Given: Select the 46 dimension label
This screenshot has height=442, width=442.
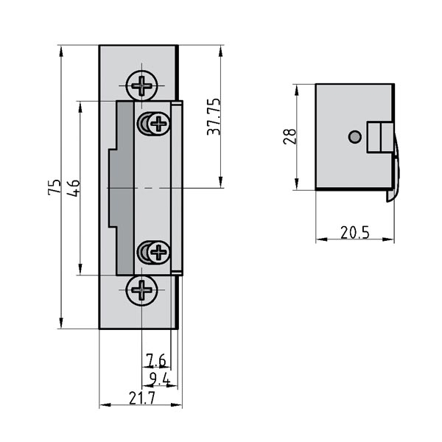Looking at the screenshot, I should pyautogui.click(x=73, y=187).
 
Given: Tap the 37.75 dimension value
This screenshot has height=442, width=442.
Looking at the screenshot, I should pyautogui.click(x=214, y=116).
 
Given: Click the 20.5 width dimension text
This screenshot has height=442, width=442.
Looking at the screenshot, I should pyautogui.click(x=354, y=233).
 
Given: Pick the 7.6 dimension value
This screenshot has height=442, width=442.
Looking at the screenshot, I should pyautogui.click(x=155, y=360).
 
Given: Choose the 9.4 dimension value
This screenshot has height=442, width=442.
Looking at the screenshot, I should pyautogui.click(x=159, y=379).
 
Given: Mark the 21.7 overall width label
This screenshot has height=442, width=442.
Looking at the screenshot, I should pyautogui.click(x=141, y=398).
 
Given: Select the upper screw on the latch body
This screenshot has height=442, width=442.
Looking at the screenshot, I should pyautogui.click(x=157, y=123).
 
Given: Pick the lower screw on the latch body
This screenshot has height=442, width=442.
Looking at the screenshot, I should pyautogui.click(x=157, y=253).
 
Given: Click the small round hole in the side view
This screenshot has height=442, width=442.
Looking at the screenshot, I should pyautogui.click(x=354, y=136).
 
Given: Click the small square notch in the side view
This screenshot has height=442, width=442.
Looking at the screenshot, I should pyautogui.click(x=376, y=138).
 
